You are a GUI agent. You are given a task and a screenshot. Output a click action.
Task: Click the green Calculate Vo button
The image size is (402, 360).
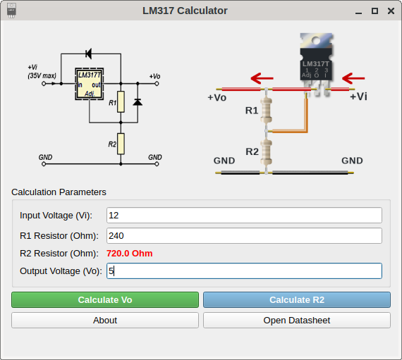pyautogui.click(x=105, y=299)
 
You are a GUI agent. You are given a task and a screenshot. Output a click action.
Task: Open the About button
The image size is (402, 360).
pyautogui.click(x=105, y=320)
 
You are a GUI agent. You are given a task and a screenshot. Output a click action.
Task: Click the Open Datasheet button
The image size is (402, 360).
pyautogui.click(x=297, y=320)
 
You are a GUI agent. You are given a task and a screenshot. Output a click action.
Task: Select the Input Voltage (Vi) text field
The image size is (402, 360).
pyautogui.click(x=244, y=216)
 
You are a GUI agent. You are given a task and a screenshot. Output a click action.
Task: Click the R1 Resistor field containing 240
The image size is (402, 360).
pyautogui.click(x=244, y=235)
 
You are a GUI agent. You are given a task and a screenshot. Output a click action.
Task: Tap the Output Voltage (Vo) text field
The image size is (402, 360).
pyautogui.click(x=244, y=271)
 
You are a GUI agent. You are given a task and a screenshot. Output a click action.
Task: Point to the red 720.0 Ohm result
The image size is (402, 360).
pyautogui.click(x=130, y=253)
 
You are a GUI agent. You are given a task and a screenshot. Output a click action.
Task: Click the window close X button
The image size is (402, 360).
pyautogui.click(x=391, y=11)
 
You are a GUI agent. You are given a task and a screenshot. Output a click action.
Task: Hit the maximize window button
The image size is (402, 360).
pyautogui.click(x=374, y=11)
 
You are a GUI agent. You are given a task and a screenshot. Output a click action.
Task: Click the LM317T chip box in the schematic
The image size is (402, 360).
pyautogui.click(x=90, y=84)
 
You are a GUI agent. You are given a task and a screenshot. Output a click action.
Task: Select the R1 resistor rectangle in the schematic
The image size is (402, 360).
pyautogui.click(x=121, y=101)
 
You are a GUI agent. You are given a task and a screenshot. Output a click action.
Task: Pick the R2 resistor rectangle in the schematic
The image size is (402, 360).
pyautogui.click(x=121, y=144)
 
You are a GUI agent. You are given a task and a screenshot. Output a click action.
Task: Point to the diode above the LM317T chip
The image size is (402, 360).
pyautogui.click(x=89, y=54)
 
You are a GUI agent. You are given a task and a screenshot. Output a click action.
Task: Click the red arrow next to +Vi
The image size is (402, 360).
pyautogui.click(x=353, y=78)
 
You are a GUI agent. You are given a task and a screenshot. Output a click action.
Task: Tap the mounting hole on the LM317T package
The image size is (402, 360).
pyautogui.click(x=315, y=40)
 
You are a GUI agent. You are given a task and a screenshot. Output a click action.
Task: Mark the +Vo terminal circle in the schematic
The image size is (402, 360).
pyautogui.click(x=157, y=83)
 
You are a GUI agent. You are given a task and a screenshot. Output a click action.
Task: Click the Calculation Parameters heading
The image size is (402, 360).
pyautogui.click(x=59, y=192)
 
